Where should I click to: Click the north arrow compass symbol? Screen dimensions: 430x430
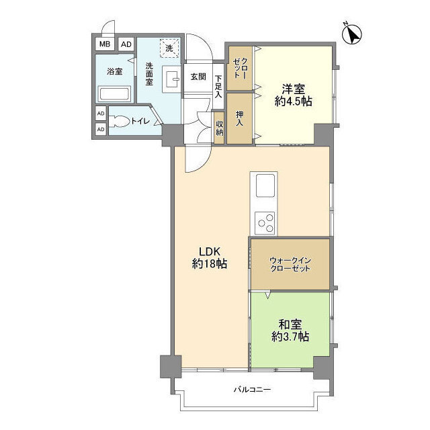(x=352, y=34)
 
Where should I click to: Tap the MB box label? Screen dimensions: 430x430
(x=105, y=44)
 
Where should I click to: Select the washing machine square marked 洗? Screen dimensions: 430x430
(x=169, y=48)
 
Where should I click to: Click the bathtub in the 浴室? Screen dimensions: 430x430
(x=115, y=94)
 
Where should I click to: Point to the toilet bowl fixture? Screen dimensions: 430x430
(x=120, y=121)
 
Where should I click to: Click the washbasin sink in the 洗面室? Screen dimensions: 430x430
(x=171, y=79)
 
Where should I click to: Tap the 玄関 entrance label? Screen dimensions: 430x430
(x=198, y=77)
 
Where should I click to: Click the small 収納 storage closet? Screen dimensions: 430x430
(x=219, y=128)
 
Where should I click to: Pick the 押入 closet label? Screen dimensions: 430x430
(x=239, y=118)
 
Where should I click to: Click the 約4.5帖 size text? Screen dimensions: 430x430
(x=293, y=101)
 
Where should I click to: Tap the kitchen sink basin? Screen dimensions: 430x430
(x=265, y=185)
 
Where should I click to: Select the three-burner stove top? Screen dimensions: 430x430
(x=265, y=223)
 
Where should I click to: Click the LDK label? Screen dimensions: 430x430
(x=210, y=251)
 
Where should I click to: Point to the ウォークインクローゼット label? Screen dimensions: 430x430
(x=290, y=264)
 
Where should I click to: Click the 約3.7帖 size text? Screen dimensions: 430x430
(x=290, y=336)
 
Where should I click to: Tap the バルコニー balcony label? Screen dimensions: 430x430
(x=253, y=389)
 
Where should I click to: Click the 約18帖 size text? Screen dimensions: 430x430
(x=210, y=264)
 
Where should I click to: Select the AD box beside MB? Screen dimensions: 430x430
(x=126, y=44)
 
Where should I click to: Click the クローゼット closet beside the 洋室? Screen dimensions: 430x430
(x=239, y=68)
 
